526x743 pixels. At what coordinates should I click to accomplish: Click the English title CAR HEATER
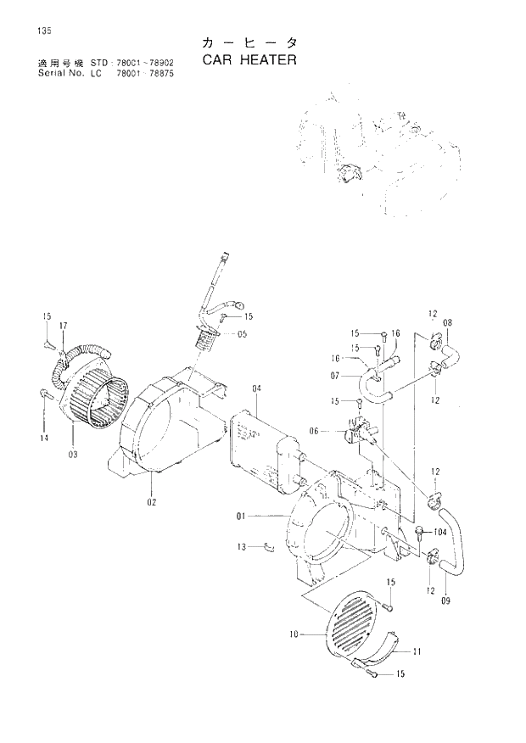click(250, 61)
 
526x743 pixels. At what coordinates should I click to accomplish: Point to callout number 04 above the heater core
click(257, 388)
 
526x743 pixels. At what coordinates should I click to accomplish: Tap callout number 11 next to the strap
click(417, 651)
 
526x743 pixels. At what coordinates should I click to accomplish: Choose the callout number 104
click(439, 533)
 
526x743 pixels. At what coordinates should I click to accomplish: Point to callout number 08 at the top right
click(448, 322)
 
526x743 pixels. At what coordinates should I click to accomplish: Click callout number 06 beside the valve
click(314, 431)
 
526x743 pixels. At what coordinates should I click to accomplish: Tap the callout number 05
click(242, 334)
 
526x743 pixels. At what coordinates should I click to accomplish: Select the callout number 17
click(63, 325)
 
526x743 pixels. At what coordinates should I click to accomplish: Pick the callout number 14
click(42, 438)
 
